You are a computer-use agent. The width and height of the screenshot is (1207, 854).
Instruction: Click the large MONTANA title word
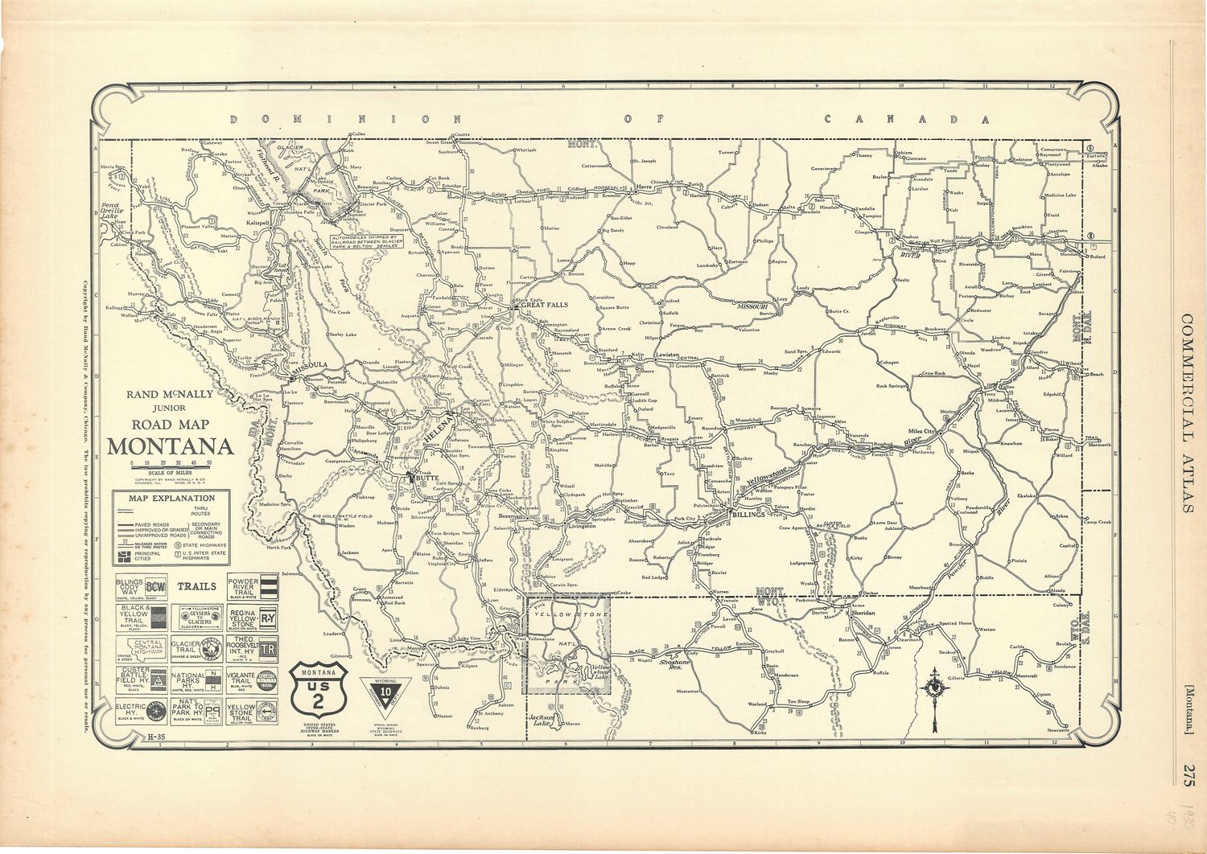tap(170, 446)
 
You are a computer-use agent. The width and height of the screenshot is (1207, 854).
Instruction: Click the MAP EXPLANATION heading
tap(170, 498)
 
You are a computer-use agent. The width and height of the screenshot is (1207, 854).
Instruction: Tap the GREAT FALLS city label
tap(545, 306)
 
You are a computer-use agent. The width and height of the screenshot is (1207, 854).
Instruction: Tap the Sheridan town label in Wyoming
tap(863, 613)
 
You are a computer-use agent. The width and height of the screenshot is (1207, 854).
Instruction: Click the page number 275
tap(1188, 778)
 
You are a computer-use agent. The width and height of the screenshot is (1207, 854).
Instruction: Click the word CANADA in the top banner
tap(906, 119)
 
